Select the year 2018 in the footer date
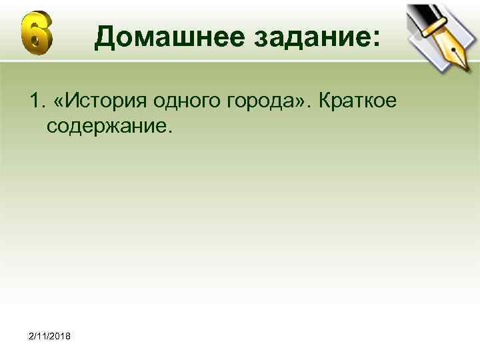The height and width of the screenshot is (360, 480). click(64, 334)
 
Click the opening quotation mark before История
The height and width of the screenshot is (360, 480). click(62, 101)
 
